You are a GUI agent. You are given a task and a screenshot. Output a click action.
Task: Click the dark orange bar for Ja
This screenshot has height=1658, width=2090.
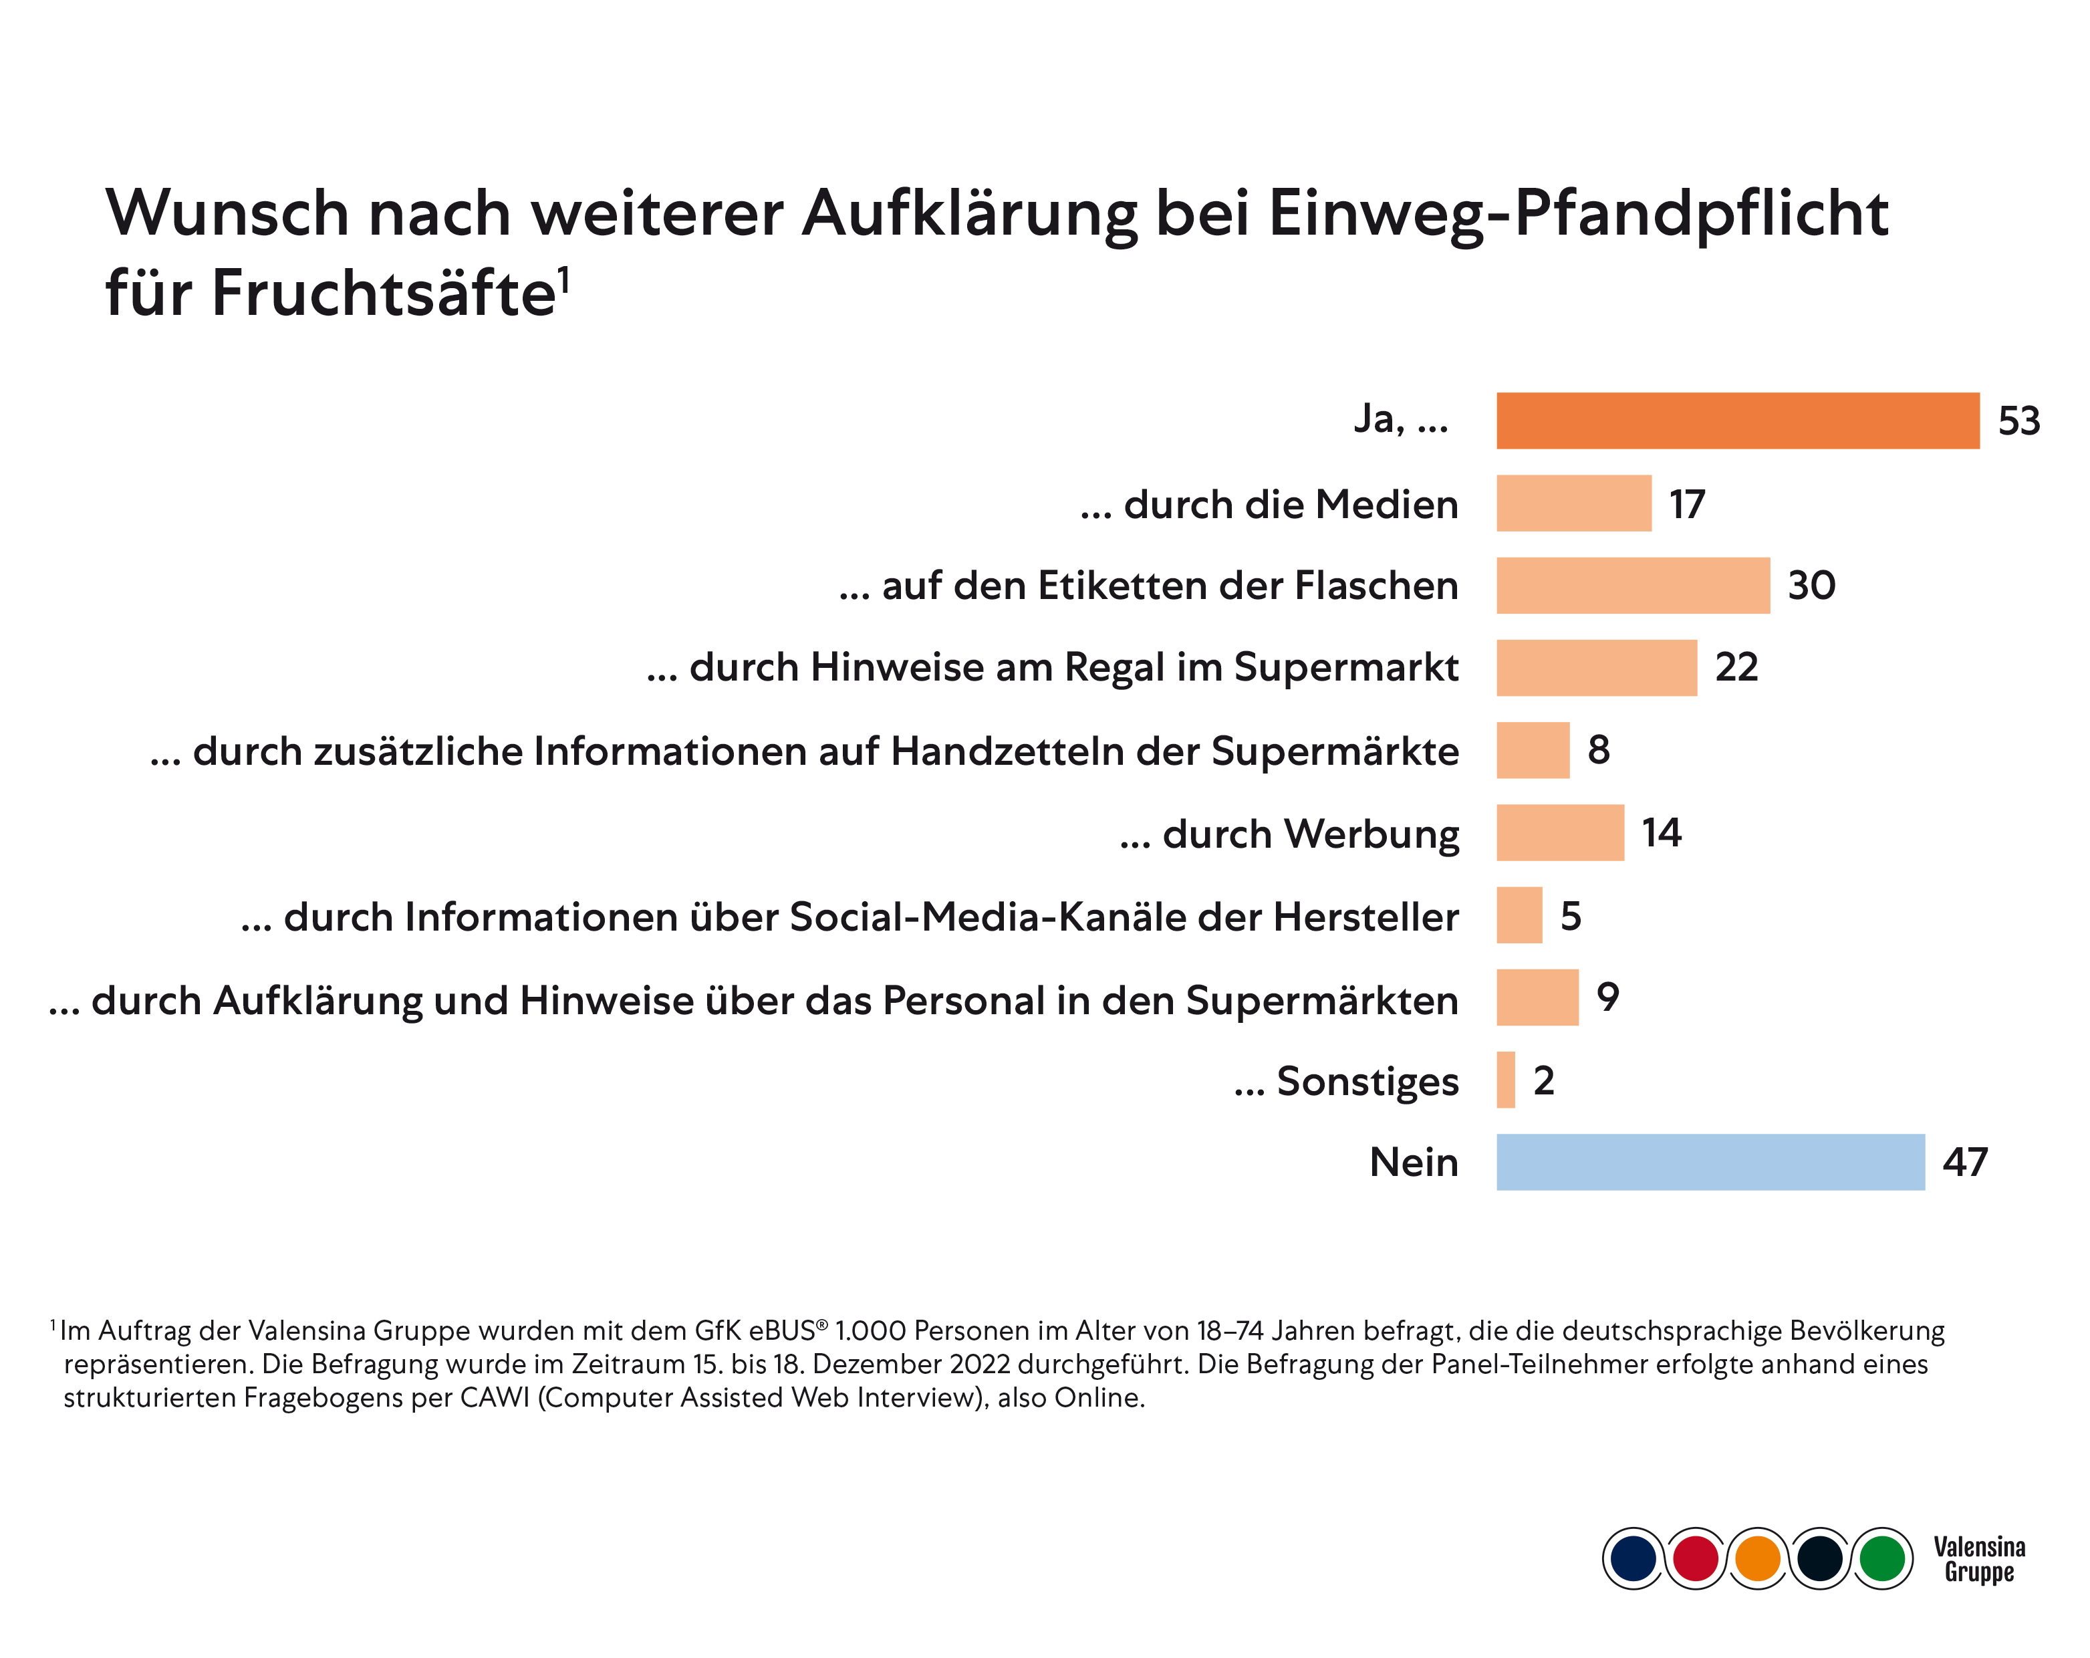pyautogui.click(x=1737, y=421)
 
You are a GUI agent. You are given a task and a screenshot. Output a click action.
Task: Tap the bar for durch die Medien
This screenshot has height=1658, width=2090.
pyautogui.click(x=1573, y=503)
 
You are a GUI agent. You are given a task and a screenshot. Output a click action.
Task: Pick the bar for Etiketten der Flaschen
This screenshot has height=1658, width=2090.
pyautogui.click(x=1632, y=586)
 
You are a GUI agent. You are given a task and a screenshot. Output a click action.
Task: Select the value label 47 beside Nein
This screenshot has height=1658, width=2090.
pyautogui.click(x=1965, y=1163)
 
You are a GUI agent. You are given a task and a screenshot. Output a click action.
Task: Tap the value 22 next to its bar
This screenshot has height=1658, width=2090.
pyautogui.click(x=1736, y=668)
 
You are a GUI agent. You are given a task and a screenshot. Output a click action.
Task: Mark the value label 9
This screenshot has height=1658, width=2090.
pyautogui.click(x=1607, y=997)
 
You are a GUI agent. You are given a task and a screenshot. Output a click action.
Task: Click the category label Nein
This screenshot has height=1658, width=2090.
pyautogui.click(x=1414, y=1163)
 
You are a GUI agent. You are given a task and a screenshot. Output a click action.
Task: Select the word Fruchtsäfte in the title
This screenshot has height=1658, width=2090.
pyautogui.click(x=383, y=293)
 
